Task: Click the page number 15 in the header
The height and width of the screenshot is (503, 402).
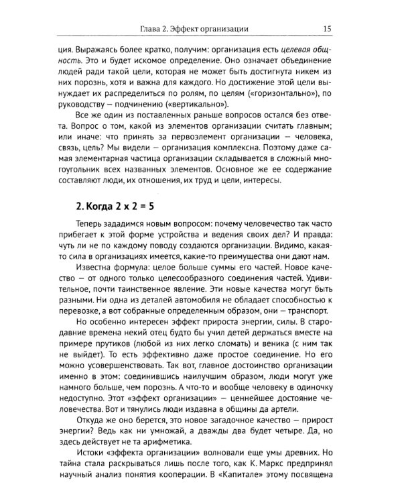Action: point(327,29)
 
